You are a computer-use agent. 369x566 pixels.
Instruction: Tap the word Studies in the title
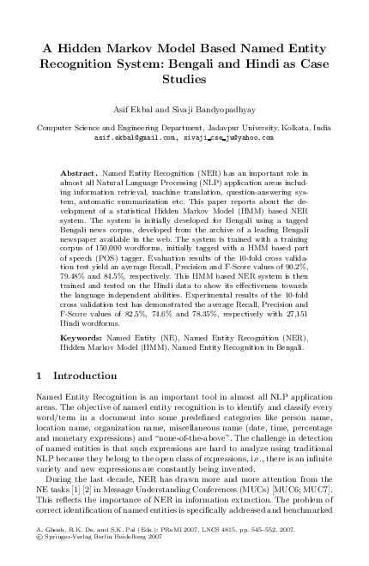point(184,80)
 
